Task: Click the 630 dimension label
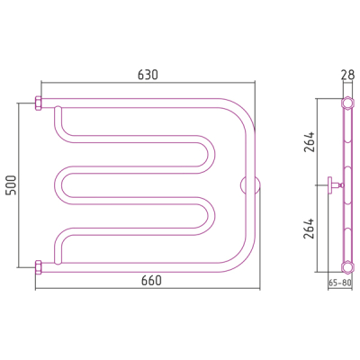tap(148, 75)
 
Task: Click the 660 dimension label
tap(151, 281)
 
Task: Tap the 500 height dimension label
tap(12, 185)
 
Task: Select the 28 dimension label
tap(347, 75)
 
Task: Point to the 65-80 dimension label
tap(340, 283)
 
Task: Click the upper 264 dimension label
tap(310, 141)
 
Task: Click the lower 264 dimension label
tap(310, 229)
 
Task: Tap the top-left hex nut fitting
tap(39, 103)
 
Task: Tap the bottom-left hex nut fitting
tap(39, 267)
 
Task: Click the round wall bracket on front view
tap(250, 185)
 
